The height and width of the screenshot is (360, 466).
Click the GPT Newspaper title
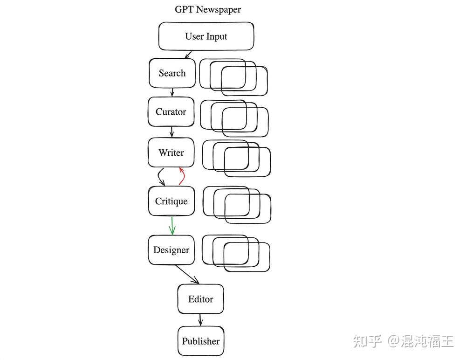[208, 9]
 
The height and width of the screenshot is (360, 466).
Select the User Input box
[206, 36]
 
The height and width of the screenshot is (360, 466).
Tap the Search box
[172, 73]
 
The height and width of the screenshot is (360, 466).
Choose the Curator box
[171, 112]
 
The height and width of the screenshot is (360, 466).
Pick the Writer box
[171, 152]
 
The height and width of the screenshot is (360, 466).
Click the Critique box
[171, 201]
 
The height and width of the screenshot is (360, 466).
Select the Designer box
[171, 250]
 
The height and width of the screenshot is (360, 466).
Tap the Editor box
[200, 299]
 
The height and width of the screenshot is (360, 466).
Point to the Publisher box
[200, 341]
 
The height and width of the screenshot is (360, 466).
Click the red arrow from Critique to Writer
[182, 176]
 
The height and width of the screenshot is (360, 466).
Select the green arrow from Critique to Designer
[172, 225]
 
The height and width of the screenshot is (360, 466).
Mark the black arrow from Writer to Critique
[160, 177]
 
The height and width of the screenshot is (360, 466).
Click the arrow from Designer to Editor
[187, 275]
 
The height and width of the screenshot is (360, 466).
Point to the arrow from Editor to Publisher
[200, 320]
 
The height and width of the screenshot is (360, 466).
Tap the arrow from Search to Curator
[172, 92]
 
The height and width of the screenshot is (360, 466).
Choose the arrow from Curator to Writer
[171, 132]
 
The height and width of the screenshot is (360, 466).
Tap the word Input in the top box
[216, 36]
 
